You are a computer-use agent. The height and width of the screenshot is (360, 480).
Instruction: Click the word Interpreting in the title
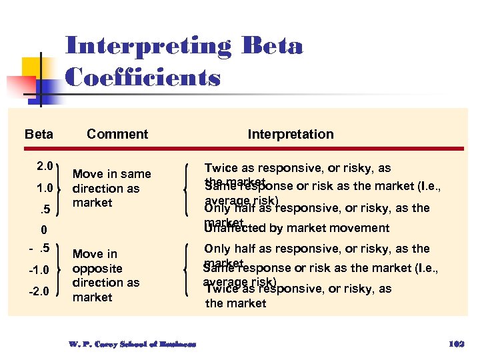[x=148, y=47]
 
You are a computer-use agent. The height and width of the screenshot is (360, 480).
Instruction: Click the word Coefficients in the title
[x=143, y=77]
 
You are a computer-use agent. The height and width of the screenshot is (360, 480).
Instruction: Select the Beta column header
[x=39, y=134]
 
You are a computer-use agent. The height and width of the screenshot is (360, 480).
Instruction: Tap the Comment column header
[x=117, y=134]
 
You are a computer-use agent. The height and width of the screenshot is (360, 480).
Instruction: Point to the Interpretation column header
[x=291, y=134]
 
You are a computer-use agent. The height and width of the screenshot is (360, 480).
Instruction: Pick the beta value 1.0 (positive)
[x=45, y=189]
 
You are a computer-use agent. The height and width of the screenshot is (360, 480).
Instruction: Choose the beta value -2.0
[x=40, y=291]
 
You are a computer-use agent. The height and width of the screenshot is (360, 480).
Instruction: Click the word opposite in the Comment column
[x=97, y=268]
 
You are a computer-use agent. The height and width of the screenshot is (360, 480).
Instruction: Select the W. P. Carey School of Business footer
[x=132, y=344]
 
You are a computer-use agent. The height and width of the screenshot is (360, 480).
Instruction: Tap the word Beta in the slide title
[x=273, y=47]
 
